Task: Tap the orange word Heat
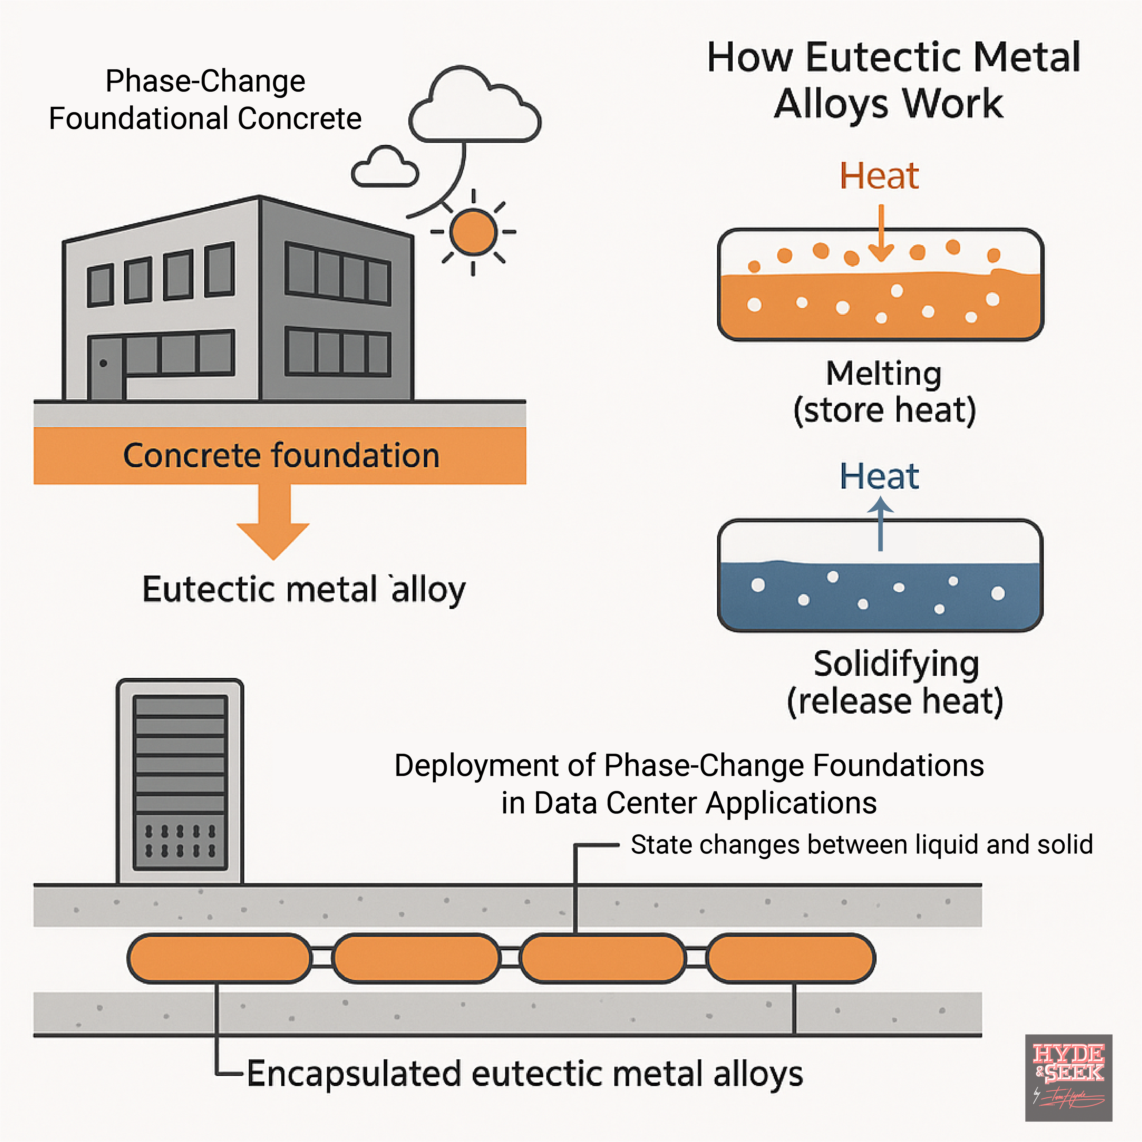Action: click(879, 176)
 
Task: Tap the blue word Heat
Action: click(879, 477)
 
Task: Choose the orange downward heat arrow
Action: click(881, 234)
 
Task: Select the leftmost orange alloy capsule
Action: click(219, 958)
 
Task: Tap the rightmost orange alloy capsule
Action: click(791, 958)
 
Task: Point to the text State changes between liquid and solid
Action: click(861, 845)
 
